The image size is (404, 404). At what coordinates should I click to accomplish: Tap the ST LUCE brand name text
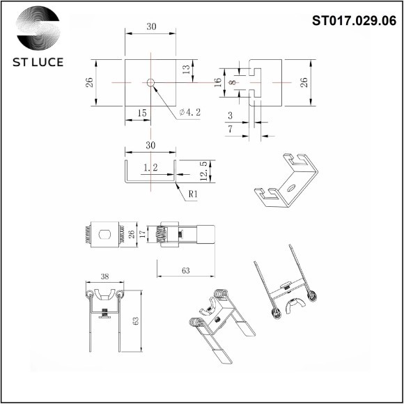(x=38, y=62)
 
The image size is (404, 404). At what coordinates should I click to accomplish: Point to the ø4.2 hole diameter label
(x=190, y=111)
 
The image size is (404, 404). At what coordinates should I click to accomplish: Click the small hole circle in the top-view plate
(x=150, y=82)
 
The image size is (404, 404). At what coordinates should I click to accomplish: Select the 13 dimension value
(x=186, y=70)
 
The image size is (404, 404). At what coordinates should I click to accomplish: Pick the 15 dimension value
(x=142, y=112)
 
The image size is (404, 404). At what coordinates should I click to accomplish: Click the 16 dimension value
(x=217, y=81)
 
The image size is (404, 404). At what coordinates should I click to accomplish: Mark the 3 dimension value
(x=231, y=116)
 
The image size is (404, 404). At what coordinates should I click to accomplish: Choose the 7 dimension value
(x=231, y=130)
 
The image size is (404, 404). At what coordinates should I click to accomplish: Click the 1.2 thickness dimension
(x=150, y=168)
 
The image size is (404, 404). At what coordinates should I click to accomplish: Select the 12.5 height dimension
(x=203, y=169)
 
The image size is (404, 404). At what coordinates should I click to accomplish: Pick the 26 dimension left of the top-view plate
(x=89, y=81)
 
